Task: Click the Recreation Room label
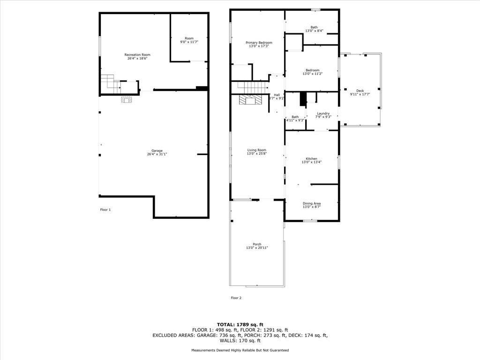[137, 55]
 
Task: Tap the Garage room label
[157, 150]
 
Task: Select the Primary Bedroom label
[259, 43]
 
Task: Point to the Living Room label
[257, 150]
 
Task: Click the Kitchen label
[312, 158]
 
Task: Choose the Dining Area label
[312, 203]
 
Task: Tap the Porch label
[257, 244]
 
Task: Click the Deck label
[360, 91]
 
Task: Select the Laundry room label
[323, 113]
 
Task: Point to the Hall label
[277, 95]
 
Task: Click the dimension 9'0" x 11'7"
[189, 42]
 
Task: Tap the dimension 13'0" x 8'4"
[315, 30]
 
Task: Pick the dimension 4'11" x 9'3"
[295, 120]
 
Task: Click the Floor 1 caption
[105, 210]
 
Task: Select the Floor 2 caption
[236, 298]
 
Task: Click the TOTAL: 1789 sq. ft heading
[240, 324]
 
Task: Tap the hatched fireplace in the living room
[251, 100]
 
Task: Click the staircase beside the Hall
[249, 88]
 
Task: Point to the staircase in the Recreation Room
[111, 84]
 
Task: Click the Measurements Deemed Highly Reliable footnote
[240, 350]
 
